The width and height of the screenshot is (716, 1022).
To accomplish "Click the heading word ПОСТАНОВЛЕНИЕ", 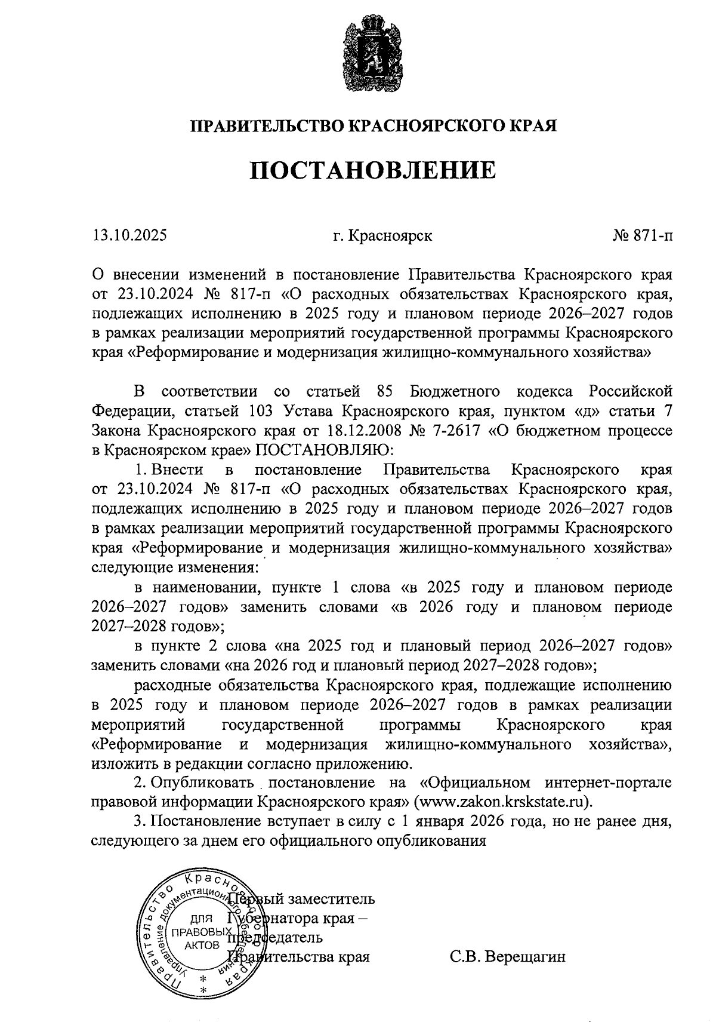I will tap(372, 170).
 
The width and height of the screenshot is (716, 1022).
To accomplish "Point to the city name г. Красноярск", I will tap(383, 235).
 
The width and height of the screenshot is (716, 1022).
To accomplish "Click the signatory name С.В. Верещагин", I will tap(507, 956).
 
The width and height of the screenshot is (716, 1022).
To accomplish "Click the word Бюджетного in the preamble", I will tap(455, 392).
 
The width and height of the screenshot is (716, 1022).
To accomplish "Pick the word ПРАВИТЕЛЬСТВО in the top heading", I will tap(266, 126).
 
